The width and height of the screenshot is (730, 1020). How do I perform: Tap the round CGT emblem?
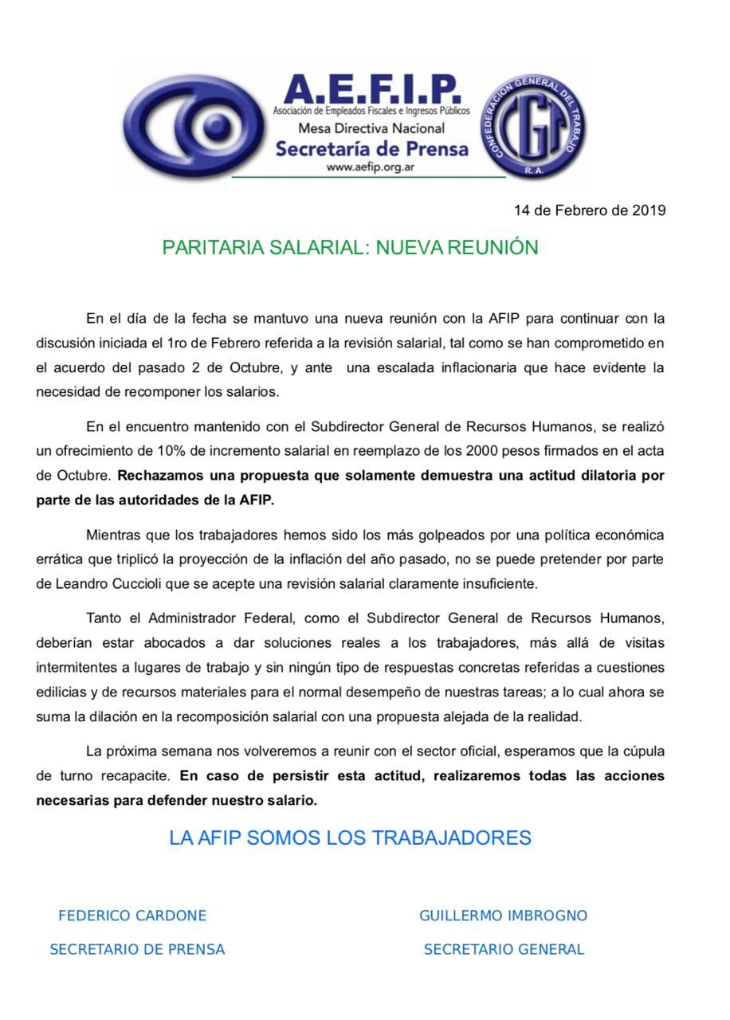(x=532, y=125)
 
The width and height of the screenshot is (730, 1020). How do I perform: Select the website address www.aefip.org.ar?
(x=370, y=167)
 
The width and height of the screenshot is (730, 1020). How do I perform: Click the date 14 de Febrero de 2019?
(x=589, y=210)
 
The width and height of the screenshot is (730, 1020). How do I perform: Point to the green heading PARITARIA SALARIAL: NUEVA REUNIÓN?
(x=350, y=247)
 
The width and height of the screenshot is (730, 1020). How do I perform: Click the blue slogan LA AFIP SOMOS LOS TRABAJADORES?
(x=350, y=838)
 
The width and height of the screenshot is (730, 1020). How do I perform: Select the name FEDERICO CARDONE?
(x=132, y=916)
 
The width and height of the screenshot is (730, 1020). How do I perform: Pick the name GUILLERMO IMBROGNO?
(x=503, y=916)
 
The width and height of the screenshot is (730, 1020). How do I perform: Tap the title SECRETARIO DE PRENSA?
(x=137, y=949)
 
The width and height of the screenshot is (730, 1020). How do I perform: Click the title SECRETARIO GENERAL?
(x=504, y=949)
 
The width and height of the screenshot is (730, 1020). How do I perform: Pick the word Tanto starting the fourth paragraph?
(x=104, y=618)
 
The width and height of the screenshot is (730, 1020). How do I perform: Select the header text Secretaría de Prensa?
(x=371, y=148)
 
